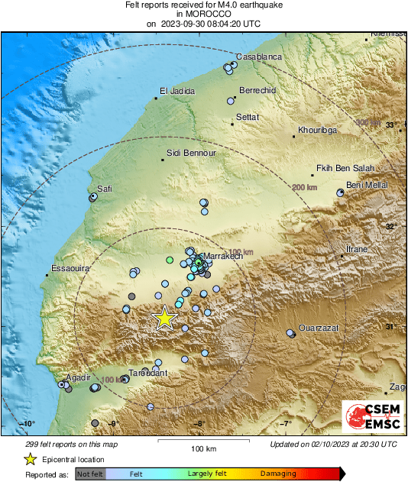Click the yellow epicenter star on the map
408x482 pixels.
coord(164,318)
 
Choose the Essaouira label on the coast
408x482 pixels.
coord(71,269)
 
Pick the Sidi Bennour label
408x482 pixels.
coord(191,153)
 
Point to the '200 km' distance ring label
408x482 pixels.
coord(304,188)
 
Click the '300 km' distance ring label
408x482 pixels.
coord(368,122)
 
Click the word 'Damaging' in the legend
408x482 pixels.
coord(277,474)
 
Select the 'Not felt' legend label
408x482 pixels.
coord(89,474)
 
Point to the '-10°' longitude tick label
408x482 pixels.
coord(28,424)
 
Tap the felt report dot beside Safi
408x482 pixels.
coord(93,197)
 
